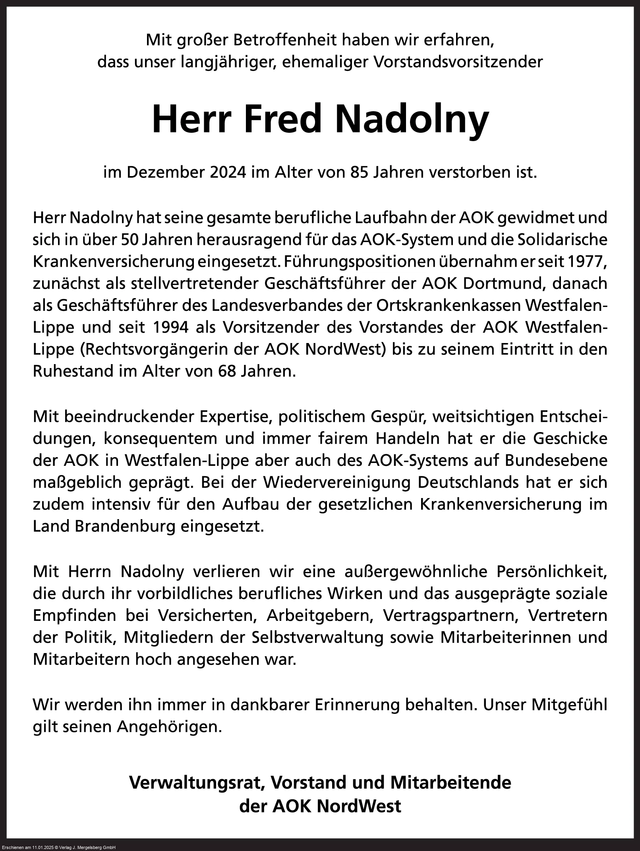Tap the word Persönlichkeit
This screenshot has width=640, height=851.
coord(552,572)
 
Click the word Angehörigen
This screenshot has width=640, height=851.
coord(169,727)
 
